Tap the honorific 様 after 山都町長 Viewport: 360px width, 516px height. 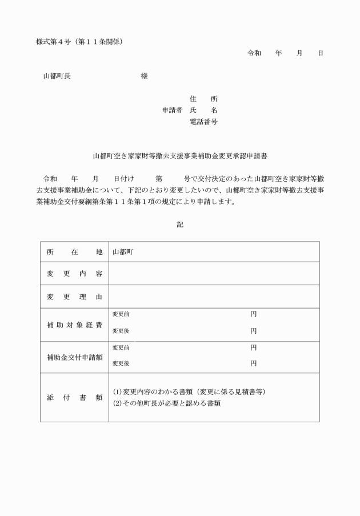(144, 76)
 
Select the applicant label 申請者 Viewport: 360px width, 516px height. (172, 110)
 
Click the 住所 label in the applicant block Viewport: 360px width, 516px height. (203, 99)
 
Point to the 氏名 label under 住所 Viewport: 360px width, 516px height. (203, 110)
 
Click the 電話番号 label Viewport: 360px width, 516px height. (203, 122)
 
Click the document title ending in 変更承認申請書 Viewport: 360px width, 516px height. (180, 155)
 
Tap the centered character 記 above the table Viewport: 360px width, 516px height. (180, 225)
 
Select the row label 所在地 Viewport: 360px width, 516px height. (74, 252)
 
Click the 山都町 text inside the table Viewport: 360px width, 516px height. (123, 252)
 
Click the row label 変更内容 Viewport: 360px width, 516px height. (74, 274)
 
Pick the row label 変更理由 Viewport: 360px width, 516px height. (74, 297)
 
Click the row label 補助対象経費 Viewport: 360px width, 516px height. (74, 325)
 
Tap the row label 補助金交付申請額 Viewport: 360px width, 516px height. (74, 358)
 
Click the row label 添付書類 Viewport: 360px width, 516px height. (74, 397)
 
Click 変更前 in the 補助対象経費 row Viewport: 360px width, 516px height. (121, 315)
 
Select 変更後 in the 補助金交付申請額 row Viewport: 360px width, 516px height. (121, 363)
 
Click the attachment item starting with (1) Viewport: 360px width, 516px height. (189, 392)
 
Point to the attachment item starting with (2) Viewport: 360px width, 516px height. (167, 403)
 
